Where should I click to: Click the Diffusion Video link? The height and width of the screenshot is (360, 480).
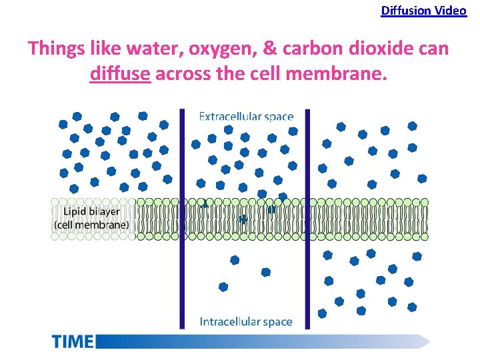click(423, 11)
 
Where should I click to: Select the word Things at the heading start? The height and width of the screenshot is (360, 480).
click(53, 49)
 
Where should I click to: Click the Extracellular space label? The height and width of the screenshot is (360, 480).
click(246, 117)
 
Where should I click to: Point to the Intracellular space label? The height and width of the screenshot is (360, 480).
click(246, 321)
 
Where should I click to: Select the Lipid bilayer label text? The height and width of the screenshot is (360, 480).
click(91, 212)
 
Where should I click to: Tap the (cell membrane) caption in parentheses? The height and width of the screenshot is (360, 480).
click(94, 225)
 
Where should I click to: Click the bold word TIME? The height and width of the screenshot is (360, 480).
click(73, 341)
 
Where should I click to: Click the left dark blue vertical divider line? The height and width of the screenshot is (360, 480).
click(181, 220)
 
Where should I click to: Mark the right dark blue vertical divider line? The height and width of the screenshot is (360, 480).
click(307, 220)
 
